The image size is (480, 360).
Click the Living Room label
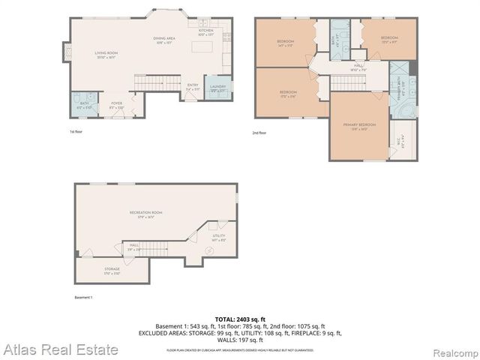point(106,53)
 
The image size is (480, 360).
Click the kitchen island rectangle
point(202,47)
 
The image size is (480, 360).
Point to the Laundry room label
point(218,88)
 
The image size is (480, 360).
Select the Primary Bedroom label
point(358,125)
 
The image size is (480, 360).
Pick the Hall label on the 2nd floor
point(358,67)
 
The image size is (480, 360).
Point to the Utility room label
point(218,237)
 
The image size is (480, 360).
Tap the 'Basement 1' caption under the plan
point(83,298)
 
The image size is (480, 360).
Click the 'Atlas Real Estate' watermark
point(60,349)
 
